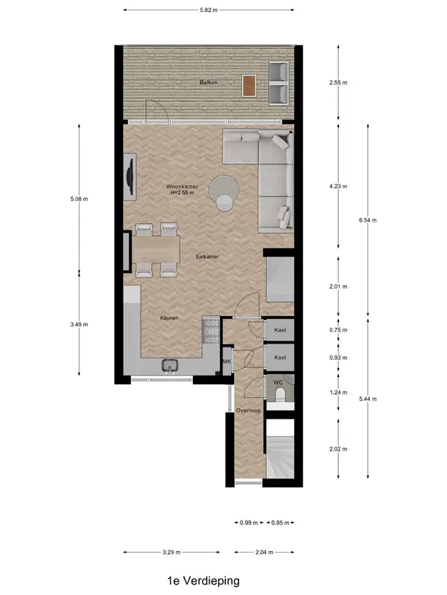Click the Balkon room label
coord(209,83)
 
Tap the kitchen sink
coord(170,365)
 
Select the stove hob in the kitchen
coord(211,330)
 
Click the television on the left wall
coord(131,176)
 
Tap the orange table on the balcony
coord(249,86)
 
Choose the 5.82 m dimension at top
coord(209,10)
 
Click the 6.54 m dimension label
coord(367,220)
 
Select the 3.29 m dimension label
coord(171,552)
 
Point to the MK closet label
coord(227,361)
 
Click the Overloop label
coord(248,411)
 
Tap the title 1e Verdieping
coord(203,581)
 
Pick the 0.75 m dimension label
coord(338,330)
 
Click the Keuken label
coord(169,318)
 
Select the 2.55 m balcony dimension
coord(338,83)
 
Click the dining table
coord(156,248)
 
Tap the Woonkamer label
coord(182,187)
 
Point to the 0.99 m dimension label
coord(249,523)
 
